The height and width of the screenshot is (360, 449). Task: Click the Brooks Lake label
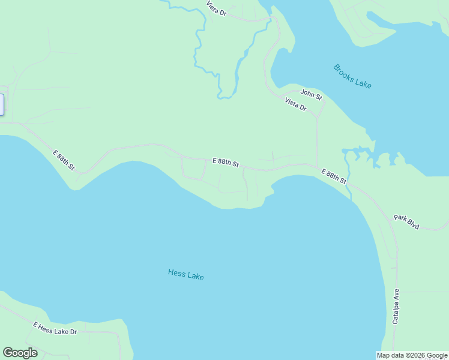(352, 76)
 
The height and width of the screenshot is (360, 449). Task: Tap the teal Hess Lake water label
(185, 275)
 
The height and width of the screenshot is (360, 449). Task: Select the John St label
(311, 94)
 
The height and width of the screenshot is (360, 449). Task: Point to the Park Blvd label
(406, 221)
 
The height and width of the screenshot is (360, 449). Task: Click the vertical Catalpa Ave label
(396, 307)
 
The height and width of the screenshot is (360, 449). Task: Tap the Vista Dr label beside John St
(295, 104)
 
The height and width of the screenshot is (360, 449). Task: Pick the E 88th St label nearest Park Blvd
(334, 176)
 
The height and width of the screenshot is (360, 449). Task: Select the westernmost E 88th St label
(64, 160)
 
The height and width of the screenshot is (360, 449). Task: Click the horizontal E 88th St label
(226, 162)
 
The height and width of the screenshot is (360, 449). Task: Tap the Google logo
(20, 353)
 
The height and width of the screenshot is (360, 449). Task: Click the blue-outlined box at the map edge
(2, 104)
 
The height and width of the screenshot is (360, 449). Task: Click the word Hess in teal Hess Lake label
(176, 274)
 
